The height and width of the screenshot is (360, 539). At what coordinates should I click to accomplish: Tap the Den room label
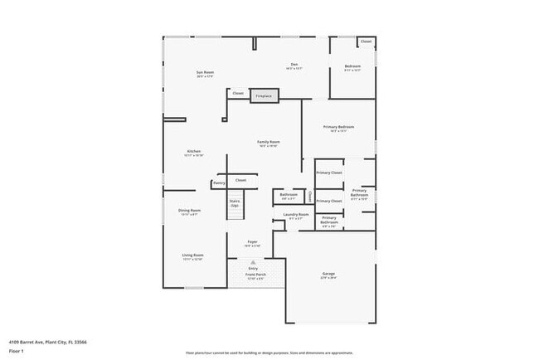point(294,66)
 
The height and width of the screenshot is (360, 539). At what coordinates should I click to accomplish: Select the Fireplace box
point(264,96)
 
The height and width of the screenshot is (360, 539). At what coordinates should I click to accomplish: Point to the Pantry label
point(219,182)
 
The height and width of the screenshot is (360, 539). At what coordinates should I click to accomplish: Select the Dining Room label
point(190,212)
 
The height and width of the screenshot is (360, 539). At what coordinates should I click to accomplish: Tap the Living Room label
point(193,256)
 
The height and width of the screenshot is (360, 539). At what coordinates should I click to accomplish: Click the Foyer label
point(252,243)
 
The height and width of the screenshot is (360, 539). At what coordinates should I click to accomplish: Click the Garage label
point(328,275)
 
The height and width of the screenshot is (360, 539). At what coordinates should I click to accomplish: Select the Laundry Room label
point(296,216)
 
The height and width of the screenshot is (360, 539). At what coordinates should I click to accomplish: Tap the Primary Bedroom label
point(338,128)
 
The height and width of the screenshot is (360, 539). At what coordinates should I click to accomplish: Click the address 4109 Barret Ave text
point(48,341)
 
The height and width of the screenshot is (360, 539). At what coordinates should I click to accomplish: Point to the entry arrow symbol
point(253,262)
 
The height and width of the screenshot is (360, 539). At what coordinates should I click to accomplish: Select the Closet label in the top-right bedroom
point(366,41)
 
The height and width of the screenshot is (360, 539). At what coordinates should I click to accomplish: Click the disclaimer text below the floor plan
point(269,353)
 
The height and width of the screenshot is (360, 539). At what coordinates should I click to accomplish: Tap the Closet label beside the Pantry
point(240,180)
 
